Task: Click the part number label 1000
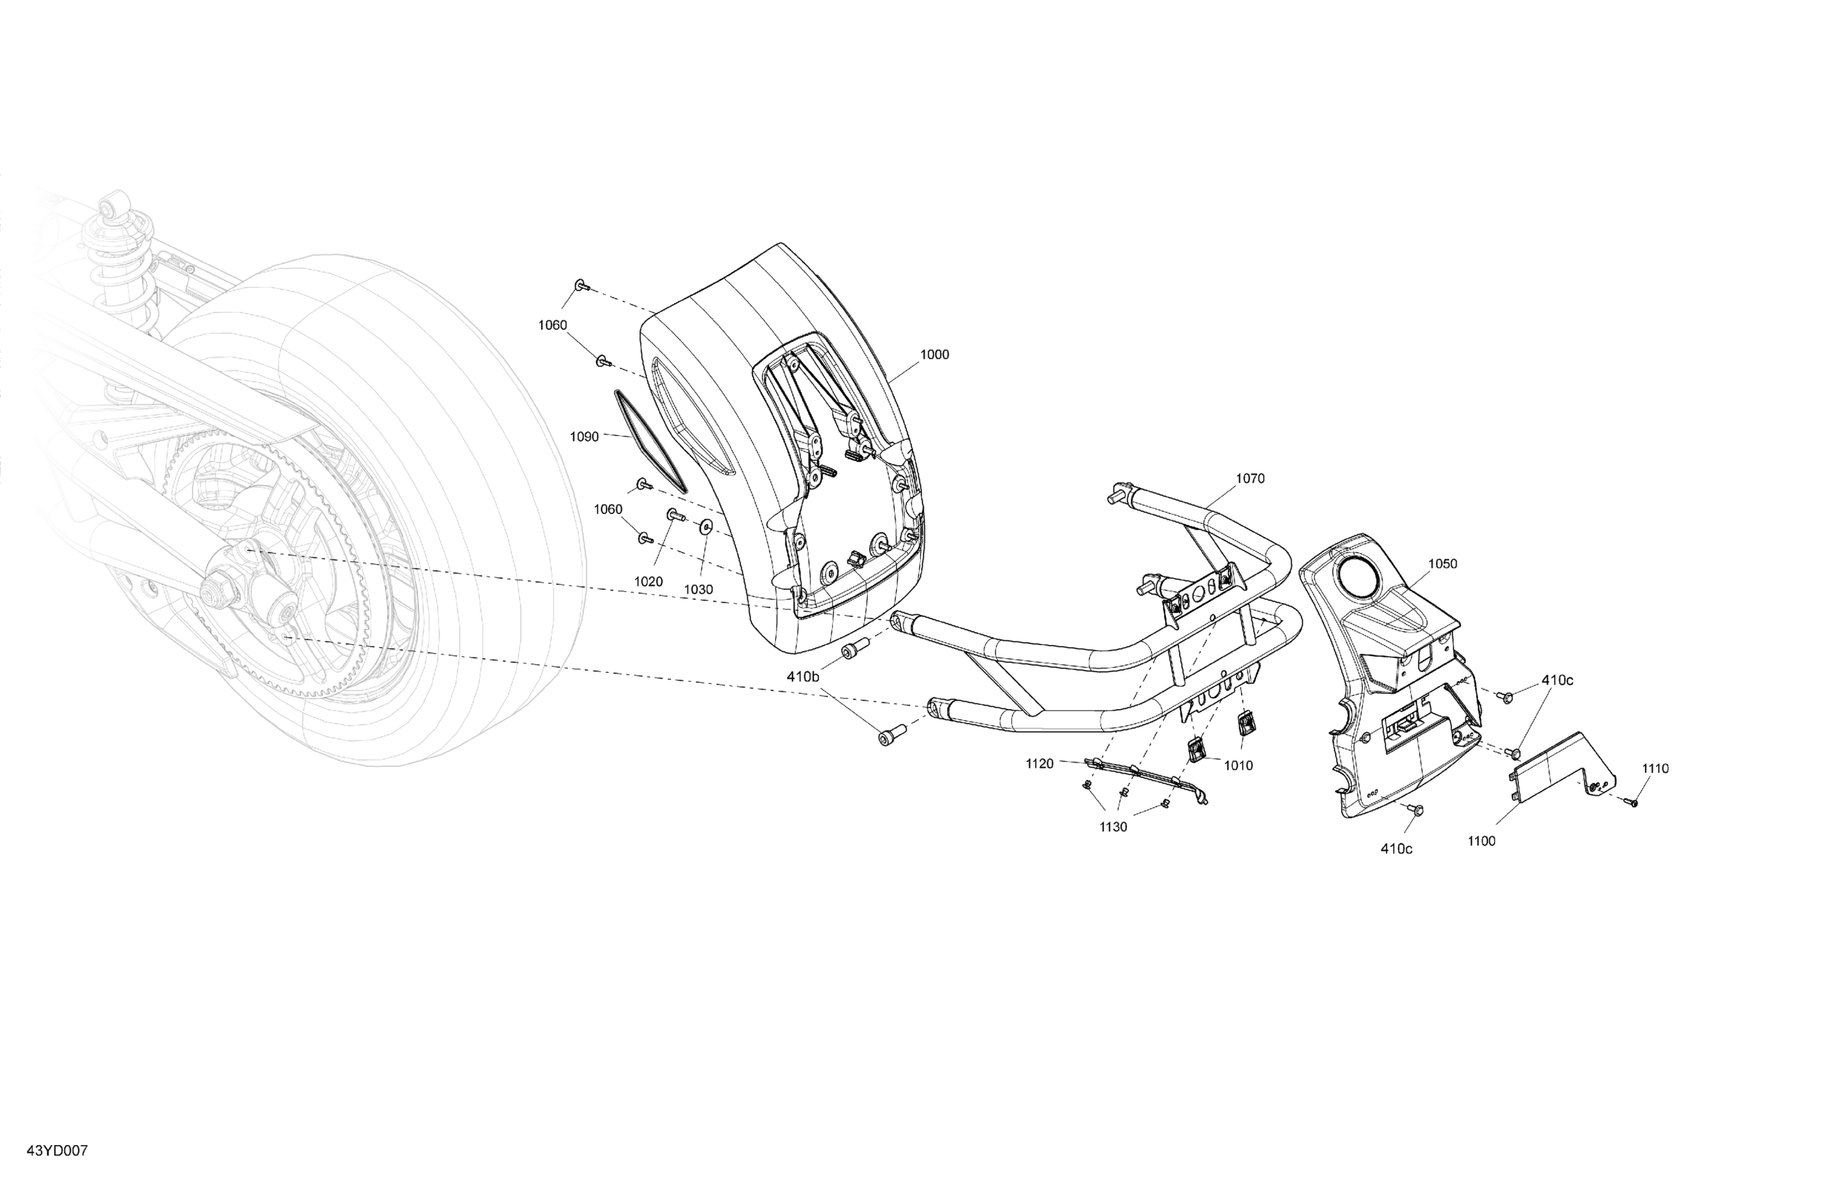935,355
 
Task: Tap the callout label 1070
1250,478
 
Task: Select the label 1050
1442,564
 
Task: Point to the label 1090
584,437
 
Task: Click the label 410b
803,677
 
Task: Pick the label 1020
648,582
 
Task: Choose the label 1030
699,589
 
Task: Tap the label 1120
1040,763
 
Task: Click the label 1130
1114,827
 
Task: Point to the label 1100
1481,841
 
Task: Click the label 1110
1655,768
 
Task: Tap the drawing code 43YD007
57,1151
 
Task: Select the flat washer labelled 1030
706,527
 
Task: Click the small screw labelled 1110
1630,802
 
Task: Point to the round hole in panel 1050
1359,575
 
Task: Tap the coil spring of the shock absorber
123,261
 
